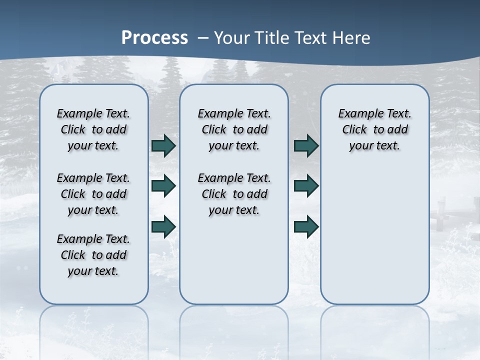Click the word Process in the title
coord(154,38)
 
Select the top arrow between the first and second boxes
coord(163,145)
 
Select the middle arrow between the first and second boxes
coord(163,186)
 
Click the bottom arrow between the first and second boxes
coord(163,226)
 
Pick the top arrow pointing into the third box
coord(306,145)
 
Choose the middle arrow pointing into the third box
coord(306,186)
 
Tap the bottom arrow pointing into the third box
coord(306,226)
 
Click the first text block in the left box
coord(93,129)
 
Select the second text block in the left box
coord(93,194)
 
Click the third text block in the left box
coord(93,255)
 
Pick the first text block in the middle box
coord(234,129)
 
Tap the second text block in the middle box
coord(234,194)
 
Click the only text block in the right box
coord(375,129)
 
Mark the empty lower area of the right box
coord(375,235)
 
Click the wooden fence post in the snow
coord(441,210)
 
